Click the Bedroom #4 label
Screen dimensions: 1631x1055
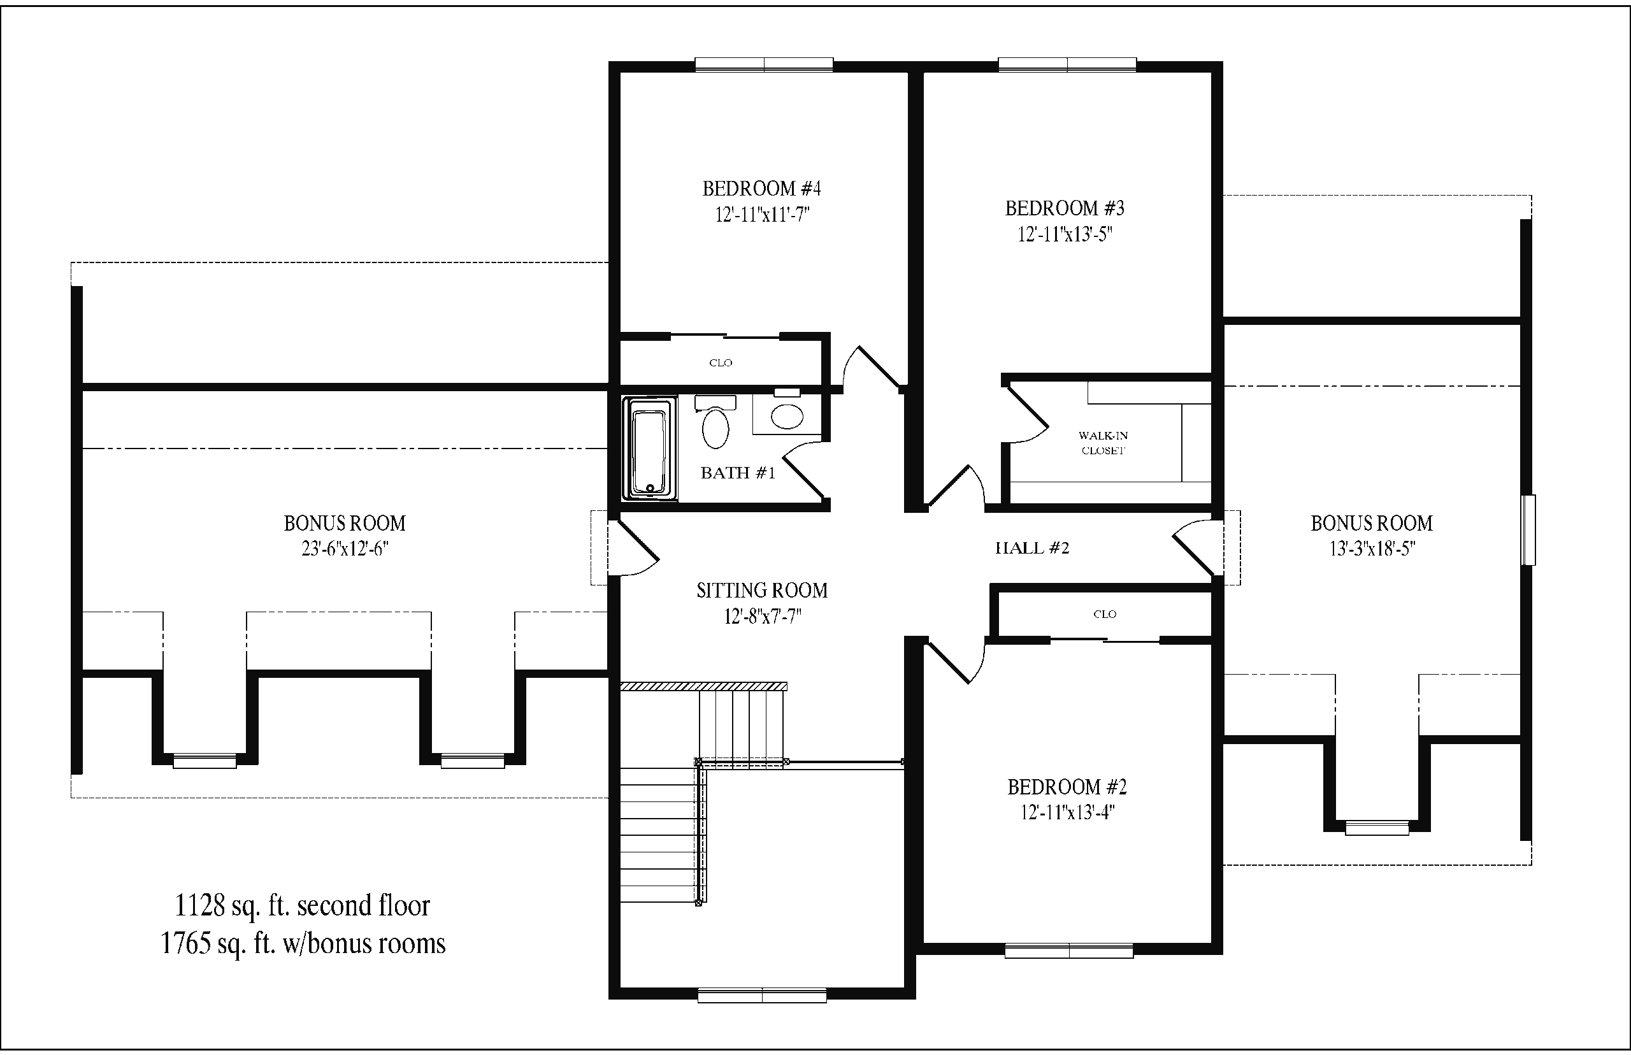(x=761, y=189)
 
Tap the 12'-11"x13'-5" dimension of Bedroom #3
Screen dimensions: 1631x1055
(x=1065, y=234)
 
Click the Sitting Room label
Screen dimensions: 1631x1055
(x=762, y=591)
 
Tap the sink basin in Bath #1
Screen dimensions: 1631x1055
(x=787, y=416)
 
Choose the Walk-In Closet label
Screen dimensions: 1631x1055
(x=1103, y=443)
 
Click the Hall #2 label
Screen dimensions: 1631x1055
(x=1031, y=548)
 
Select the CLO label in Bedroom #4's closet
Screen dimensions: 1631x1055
(x=721, y=362)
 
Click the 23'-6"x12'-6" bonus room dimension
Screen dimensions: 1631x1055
(x=345, y=549)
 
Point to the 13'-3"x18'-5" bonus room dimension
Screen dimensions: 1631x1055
(x=1372, y=549)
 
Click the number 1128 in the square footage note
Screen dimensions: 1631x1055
(x=199, y=906)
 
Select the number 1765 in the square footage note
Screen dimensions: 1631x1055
(x=185, y=944)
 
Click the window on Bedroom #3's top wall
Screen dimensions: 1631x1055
(x=1067, y=65)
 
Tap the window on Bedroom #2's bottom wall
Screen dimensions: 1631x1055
(x=1068, y=951)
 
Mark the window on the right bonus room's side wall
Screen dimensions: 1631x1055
(x=1528, y=530)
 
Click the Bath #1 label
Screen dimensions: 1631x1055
(x=738, y=473)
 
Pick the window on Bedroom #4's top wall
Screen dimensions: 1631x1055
(x=764, y=65)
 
